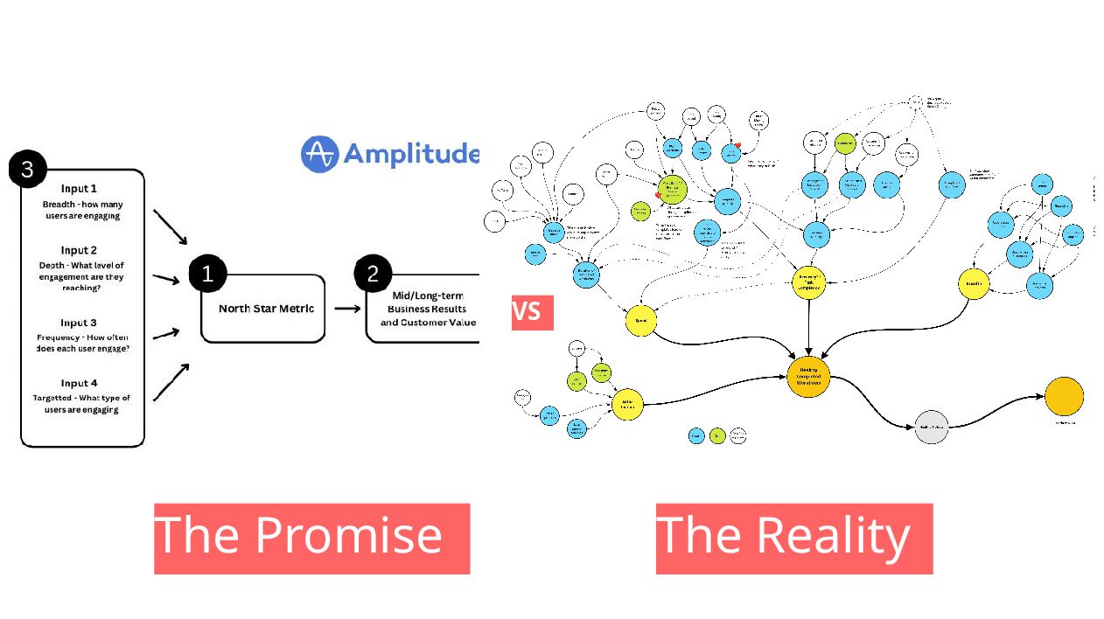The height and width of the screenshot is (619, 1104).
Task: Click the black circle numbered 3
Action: click(27, 169)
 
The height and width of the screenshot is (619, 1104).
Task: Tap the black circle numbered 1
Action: click(207, 275)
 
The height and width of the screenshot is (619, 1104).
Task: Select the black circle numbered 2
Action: click(373, 275)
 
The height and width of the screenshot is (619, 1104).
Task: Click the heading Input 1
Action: click(79, 189)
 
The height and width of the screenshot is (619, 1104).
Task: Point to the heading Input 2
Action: click(79, 250)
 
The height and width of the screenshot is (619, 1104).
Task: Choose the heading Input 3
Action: click(79, 323)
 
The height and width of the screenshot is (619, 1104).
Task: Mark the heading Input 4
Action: click(79, 383)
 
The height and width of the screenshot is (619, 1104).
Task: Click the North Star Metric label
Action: click(266, 309)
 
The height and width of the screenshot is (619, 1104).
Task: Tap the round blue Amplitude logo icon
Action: click(319, 154)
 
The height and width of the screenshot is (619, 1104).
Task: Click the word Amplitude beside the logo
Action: click(411, 154)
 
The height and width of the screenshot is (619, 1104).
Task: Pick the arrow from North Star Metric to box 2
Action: click(347, 309)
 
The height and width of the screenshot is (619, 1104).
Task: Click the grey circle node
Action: click(931, 427)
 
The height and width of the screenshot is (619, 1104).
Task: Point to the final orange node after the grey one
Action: click(1064, 396)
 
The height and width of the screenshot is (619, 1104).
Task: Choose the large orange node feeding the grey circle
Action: click(807, 376)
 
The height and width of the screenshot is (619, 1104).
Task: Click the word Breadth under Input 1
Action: click(59, 204)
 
